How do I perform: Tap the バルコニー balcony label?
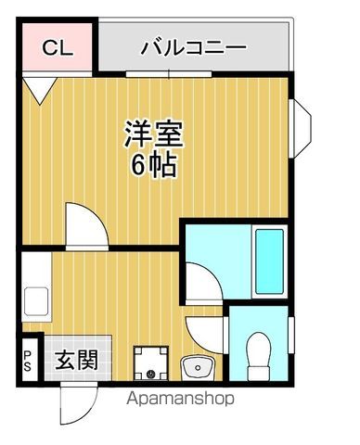[193, 45]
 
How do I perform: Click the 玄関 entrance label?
[76, 360]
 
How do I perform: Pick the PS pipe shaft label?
[27, 360]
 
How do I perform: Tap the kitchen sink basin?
[36, 300]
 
